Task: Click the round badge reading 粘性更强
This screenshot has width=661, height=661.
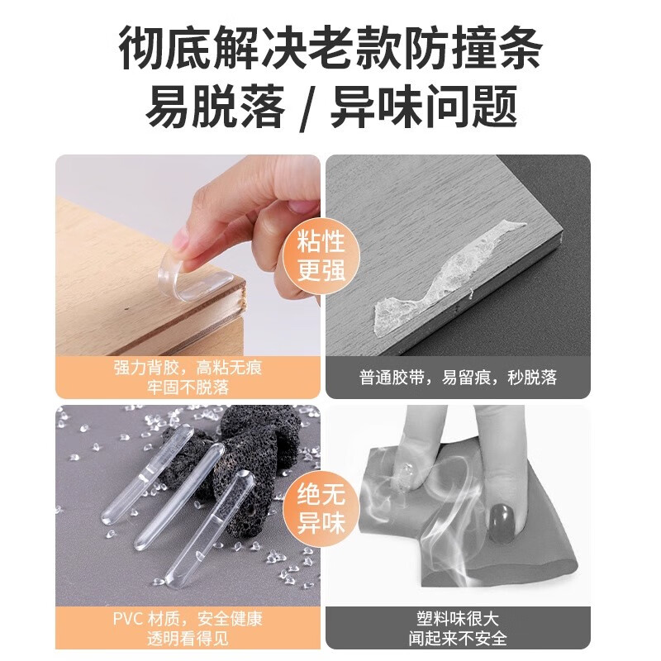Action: coord(322,257)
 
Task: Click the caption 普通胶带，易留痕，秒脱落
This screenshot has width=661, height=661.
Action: coord(459,378)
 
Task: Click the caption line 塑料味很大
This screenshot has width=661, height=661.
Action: coord(459,617)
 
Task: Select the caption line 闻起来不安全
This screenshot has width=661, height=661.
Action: coord(459,637)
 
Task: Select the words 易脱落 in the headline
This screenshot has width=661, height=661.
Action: coord(216,108)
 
